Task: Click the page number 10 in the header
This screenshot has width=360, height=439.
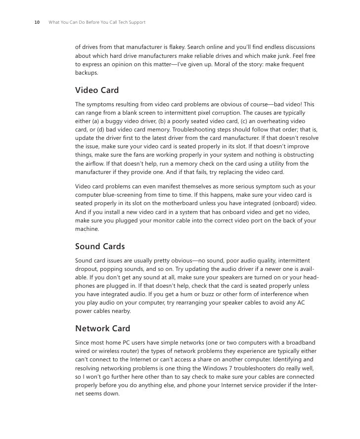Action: pos(37,23)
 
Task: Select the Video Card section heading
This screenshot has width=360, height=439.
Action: pos(97,90)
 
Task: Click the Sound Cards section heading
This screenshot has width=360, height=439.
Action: pos(100,246)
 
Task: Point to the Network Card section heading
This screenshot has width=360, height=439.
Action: pos(102,328)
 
